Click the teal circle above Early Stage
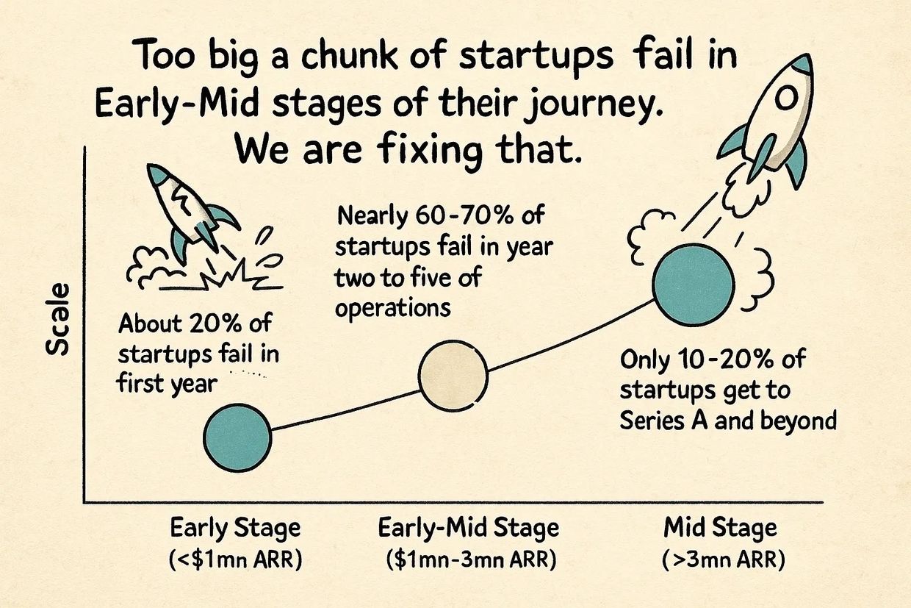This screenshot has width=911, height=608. coord(237,438)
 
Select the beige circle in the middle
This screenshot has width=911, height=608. coord(453,376)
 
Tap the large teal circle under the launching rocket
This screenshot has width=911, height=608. coord(693,285)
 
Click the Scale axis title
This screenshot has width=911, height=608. coord(57,319)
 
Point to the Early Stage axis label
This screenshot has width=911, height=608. coord(235,529)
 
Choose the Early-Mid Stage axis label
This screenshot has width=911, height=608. coord(469,529)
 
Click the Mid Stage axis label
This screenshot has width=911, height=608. coord(720,529)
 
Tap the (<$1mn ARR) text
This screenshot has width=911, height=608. coord(236,559)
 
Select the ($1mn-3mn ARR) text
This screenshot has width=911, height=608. coord(471,559)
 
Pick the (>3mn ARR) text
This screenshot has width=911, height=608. coord(723,559)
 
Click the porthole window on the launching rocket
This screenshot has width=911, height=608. coord(786,98)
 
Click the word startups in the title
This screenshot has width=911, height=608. coord(536,57)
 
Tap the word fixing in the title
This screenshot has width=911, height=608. coord(430,149)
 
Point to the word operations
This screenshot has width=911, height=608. coord(393,309)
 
